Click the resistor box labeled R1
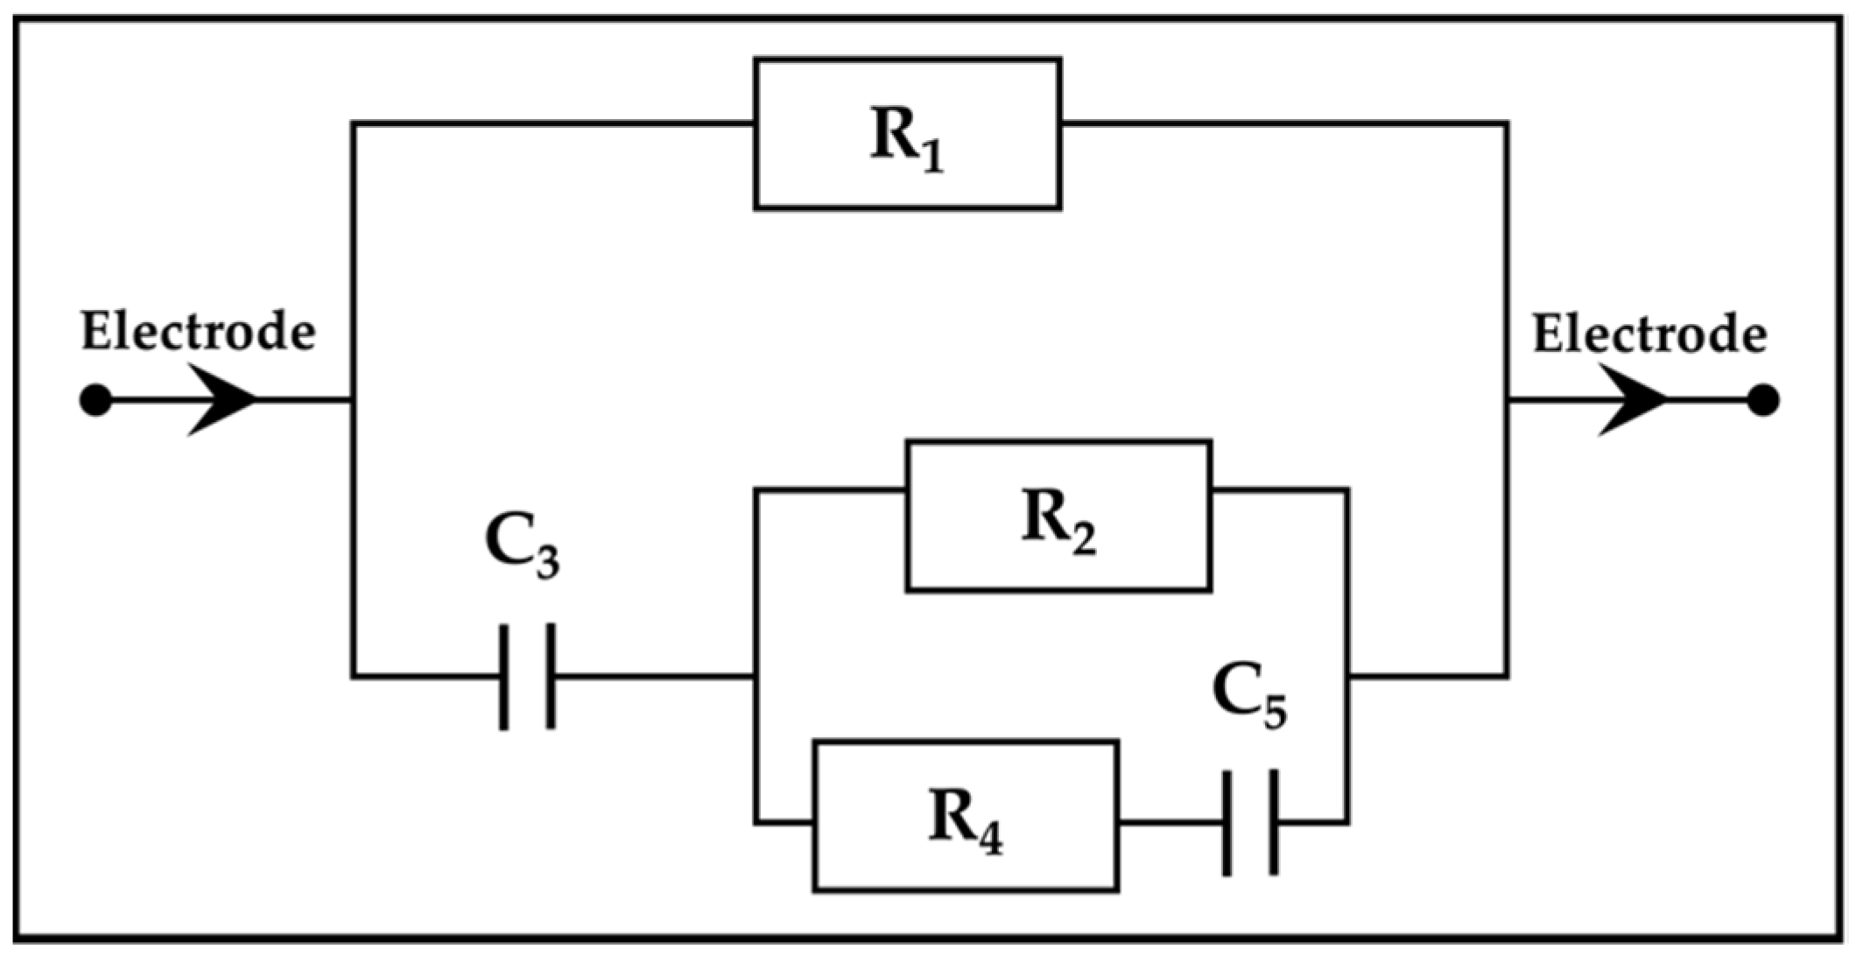pyautogui.click(x=908, y=134)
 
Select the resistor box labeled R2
pyautogui.click(x=1058, y=517)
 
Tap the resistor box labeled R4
pyautogui.click(x=966, y=817)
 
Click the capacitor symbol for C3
pyautogui.click(x=527, y=677)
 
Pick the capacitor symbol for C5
pyautogui.click(x=1250, y=823)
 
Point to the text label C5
pyautogui.click(x=1249, y=696)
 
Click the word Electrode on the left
pyautogui.click(x=198, y=334)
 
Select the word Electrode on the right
pyautogui.click(x=1649, y=336)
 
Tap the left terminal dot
pyautogui.click(x=95, y=401)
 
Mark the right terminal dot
pyautogui.click(x=1762, y=401)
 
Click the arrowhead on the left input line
pyautogui.click(x=223, y=401)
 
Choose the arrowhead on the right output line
pyautogui.click(x=1634, y=401)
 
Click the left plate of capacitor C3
pyautogui.click(x=504, y=677)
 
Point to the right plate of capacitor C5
pyautogui.click(x=1273, y=823)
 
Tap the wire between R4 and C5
pyautogui.click(x=1171, y=823)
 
